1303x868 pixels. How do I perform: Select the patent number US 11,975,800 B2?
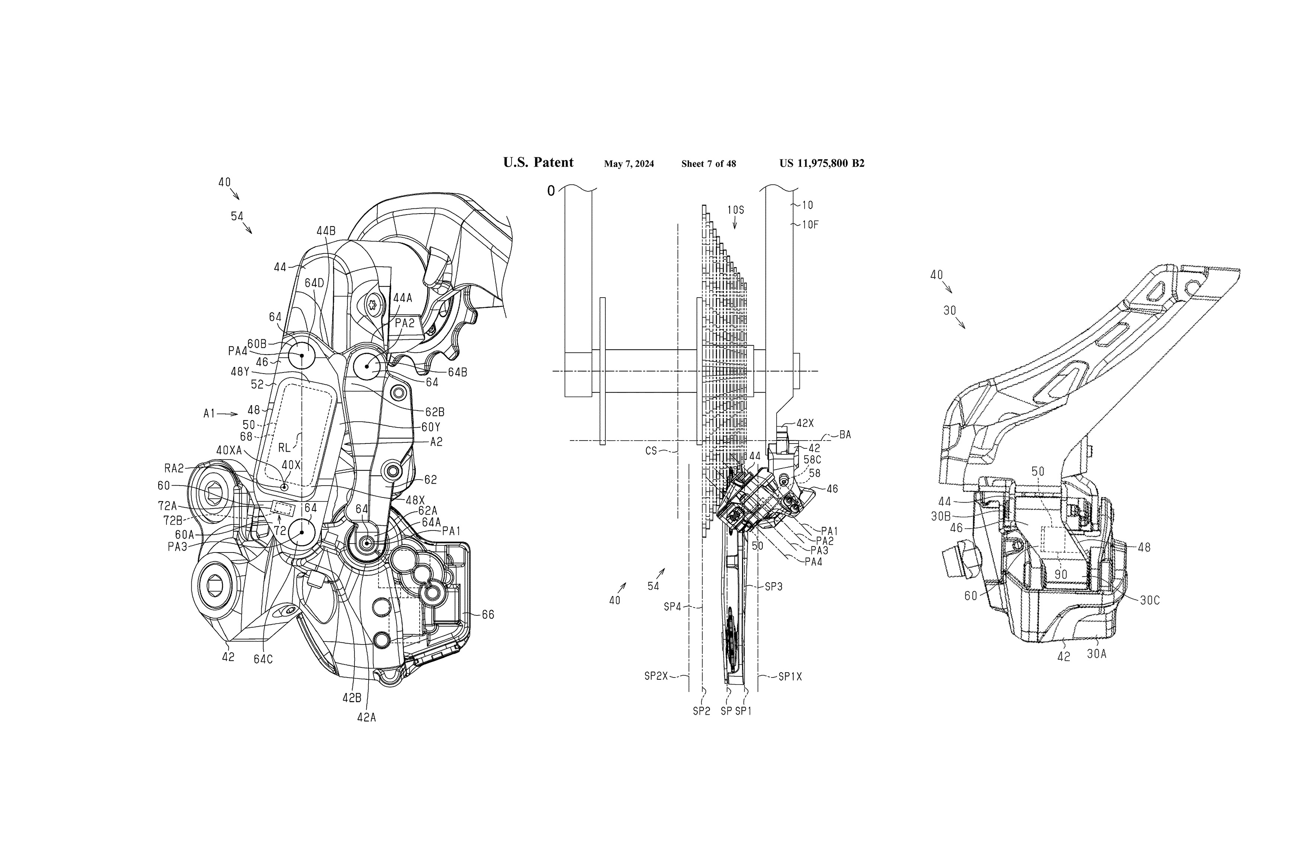point(822,163)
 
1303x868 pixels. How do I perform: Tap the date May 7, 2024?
point(628,164)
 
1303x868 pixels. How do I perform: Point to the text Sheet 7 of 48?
point(708,164)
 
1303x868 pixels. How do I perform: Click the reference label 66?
point(488,615)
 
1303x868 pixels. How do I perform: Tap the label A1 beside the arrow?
point(209,413)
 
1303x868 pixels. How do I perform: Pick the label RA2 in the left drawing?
point(174,468)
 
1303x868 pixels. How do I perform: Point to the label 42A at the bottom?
point(367,717)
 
